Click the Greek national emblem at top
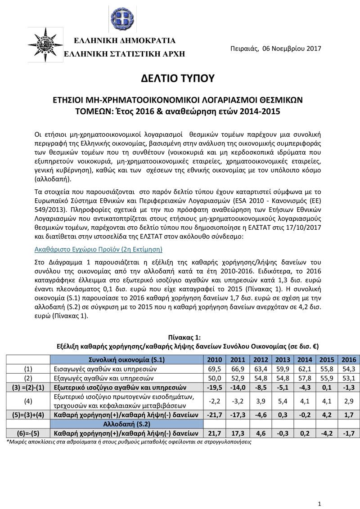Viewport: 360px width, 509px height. tap(122, 19)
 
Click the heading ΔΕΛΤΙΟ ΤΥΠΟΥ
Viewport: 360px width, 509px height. tap(180, 78)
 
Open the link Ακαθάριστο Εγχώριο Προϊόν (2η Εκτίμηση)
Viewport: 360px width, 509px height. tap(98, 249)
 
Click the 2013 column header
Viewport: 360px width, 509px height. tap(283, 359)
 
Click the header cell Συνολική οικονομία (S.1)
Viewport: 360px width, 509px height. tap(127, 359)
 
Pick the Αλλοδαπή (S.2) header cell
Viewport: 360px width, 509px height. tap(127, 424)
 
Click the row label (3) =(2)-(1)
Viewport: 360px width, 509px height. tap(28, 387)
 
